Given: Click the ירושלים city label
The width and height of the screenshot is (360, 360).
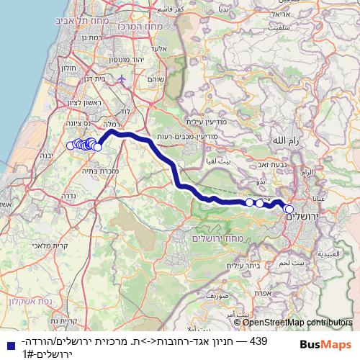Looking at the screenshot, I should tap(305, 217).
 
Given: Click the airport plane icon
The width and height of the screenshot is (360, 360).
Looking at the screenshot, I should tap(122, 78).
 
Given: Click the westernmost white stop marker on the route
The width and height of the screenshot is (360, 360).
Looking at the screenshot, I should tap(71, 145).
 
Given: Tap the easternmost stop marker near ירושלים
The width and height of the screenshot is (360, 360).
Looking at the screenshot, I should tap(289, 210).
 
